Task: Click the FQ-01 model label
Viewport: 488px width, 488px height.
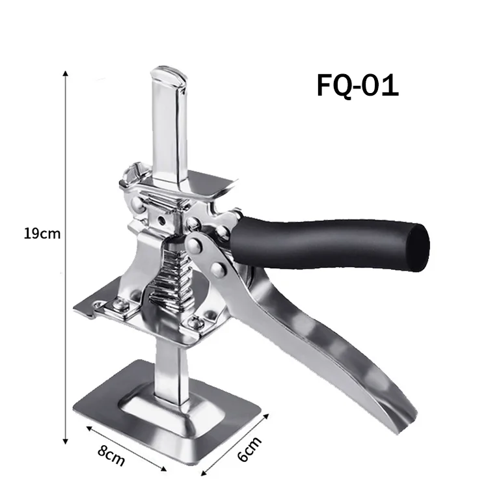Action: [x=357, y=85]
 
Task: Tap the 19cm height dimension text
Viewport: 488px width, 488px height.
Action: [x=42, y=234]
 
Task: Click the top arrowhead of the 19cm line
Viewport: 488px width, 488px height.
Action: [x=65, y=74]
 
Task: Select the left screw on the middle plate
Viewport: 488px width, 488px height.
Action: [x=118, y=304]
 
